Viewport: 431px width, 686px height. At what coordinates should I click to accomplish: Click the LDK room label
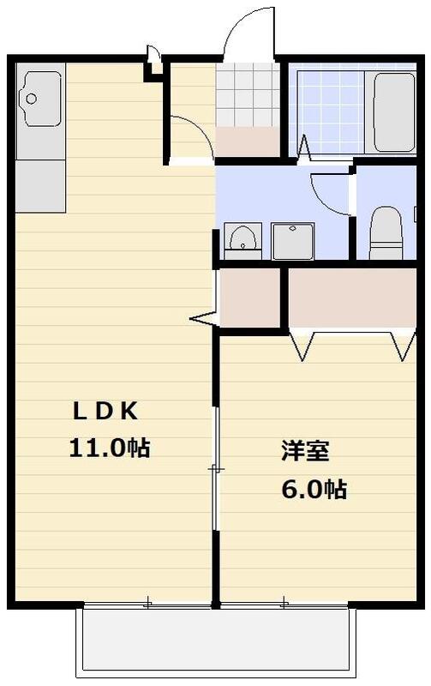(104, 412)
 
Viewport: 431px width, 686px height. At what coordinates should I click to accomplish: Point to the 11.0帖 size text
(110, 447)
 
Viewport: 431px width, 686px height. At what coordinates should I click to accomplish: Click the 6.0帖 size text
(314, 490)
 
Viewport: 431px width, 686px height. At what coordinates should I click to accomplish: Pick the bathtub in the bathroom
(393, 111)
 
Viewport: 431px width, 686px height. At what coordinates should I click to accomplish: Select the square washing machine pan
(293, 240)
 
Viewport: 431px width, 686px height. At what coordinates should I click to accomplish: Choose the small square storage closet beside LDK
(250, 297)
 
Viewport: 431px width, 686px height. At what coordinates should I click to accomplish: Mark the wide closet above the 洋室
(351, 297)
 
